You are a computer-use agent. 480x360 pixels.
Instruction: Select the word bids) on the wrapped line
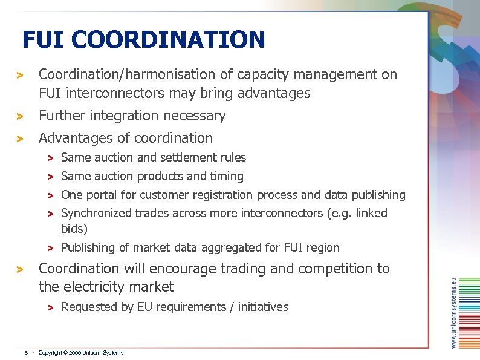pos(74,229)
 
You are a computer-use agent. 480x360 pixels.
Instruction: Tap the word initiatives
pos(263,307)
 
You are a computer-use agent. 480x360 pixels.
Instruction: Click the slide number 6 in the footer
pos(25,353)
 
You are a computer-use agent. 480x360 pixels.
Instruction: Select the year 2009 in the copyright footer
pos(74,353)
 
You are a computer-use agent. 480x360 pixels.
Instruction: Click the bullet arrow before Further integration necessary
pos(20,116)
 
